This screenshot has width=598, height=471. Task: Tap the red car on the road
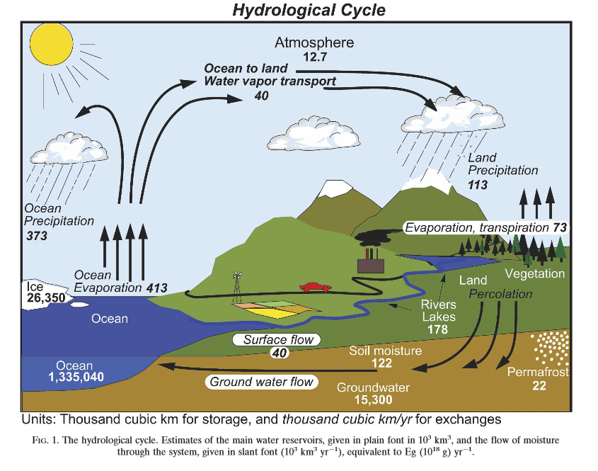point(315,287)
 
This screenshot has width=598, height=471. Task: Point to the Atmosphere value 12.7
point(314,57)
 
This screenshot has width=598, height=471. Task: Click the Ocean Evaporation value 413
point(156,288)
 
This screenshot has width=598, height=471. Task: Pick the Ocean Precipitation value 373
point(37,235)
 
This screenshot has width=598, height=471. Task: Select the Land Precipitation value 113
point(479,184)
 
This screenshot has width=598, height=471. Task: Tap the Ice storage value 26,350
point(45,298)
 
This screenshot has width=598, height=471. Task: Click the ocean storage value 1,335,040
point(76,378)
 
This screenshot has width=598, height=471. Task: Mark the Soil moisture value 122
point(382,363)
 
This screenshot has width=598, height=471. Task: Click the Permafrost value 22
point(540,385)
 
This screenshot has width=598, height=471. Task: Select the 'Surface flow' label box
point(277,340)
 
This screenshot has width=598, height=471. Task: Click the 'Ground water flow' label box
point(262,382)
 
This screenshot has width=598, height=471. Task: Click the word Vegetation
point(534,273)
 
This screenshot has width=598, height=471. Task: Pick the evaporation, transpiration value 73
point(559,227)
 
